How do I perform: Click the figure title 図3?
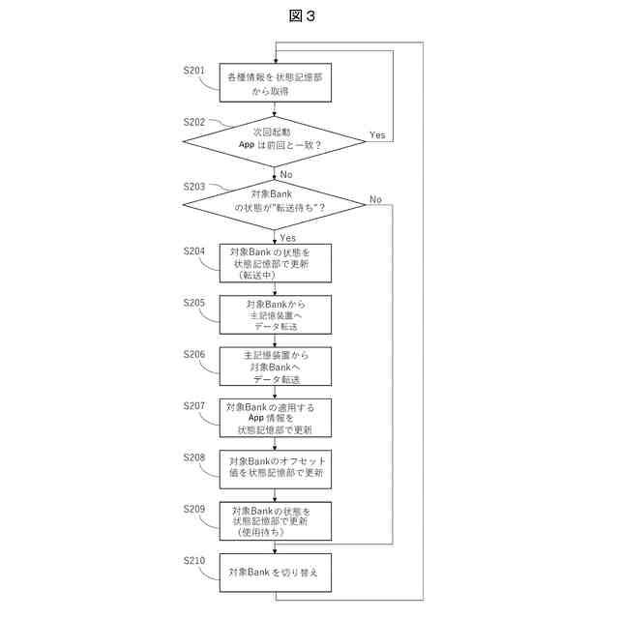[x=302, y=15]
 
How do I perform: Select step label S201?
[x=194, y=71]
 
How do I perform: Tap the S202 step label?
[x=194, y=122]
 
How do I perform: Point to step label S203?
[x=194, y=187]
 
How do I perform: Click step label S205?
[x=194, y=303]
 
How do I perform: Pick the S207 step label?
[x=194, y=406]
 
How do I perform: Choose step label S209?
[x=194, y=509]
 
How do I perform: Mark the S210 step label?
[x=194, y=561]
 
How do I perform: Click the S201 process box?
[x=276, y=82]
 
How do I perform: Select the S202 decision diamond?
[x=275, y=141]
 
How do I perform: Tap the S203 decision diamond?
[x=275, y=204]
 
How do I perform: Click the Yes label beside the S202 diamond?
[x=377, y=135]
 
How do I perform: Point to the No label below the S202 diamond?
[x=286, y=174]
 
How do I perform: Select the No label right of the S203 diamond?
[x=376, y=199]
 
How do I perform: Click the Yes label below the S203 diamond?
[x=288, y=238]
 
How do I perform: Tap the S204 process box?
[x=276, y=263]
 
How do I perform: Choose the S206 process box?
[x=276, y=367]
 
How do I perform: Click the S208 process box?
[x=276, y=469]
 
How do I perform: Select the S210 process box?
[x=276, y=573]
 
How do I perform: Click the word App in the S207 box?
[x=256, y=418]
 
